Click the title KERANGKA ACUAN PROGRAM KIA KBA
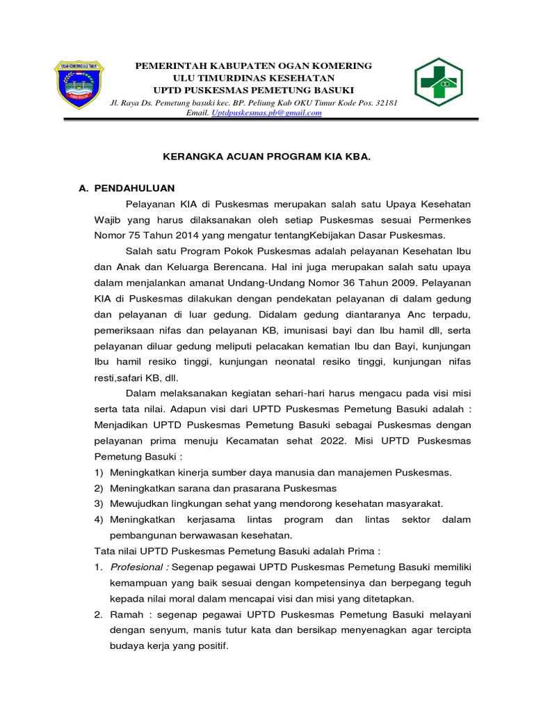click(267, 158)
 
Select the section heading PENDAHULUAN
click(135, 188)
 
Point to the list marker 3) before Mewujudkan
click(99, 503)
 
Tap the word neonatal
click(299, 361)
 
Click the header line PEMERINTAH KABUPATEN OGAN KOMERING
click(253, 65)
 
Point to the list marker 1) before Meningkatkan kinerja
click(99, 472)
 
